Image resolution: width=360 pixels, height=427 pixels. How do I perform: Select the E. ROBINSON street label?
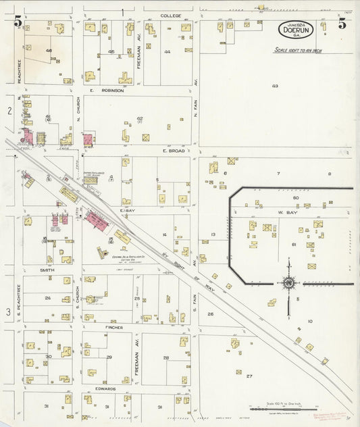105,90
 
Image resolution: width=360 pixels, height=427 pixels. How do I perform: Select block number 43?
275,86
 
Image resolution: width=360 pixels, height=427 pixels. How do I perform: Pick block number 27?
249,376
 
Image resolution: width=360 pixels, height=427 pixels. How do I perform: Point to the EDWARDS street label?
108,388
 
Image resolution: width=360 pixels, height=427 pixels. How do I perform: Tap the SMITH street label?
47,269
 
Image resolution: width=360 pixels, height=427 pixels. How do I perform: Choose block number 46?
49,51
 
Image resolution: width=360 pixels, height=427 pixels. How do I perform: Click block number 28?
165,357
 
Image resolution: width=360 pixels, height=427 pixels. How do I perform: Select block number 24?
48,298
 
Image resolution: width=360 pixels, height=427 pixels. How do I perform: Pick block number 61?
293,244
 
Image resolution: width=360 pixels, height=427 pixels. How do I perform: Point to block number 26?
210,314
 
